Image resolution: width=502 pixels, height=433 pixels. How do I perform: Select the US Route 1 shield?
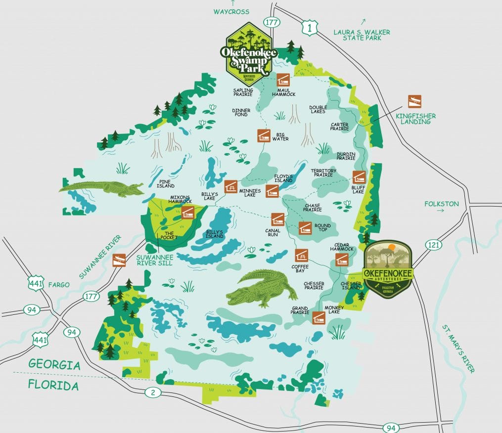(310, 28)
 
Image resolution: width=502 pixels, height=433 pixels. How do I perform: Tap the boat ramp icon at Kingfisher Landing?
(414, 101)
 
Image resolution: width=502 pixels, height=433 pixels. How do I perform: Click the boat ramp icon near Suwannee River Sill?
(119, 260)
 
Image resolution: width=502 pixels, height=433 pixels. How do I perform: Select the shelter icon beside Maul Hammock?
(283, 80)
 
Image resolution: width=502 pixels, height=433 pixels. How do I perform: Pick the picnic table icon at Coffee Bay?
(300, 255)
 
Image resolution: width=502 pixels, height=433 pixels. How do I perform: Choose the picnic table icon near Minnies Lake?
(230, 186)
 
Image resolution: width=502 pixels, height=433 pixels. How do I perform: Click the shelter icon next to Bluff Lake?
(359, 177)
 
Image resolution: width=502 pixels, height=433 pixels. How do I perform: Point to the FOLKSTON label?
(441, 204)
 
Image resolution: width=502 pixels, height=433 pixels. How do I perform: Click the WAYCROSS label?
(231, 11)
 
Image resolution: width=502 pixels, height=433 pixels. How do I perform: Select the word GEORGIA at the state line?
(54, 365)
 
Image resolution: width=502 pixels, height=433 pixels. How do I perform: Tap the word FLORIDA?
(53, 385)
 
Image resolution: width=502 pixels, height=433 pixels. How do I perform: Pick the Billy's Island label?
(215, 234)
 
